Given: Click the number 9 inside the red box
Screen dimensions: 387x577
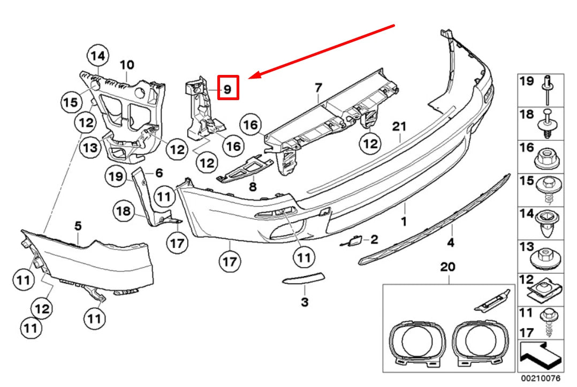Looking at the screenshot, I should pos(227,89).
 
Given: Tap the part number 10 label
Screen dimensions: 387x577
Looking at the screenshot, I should pos(126,65).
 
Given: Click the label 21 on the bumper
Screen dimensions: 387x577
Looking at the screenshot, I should pos(400,127).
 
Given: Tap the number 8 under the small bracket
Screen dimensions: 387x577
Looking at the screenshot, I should pos(253,187).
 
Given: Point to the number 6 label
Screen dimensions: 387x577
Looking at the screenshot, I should pos(158,173).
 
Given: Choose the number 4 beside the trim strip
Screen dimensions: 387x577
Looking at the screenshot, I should pos(451,243).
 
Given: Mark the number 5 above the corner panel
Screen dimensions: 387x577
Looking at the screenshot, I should pos(78,226).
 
